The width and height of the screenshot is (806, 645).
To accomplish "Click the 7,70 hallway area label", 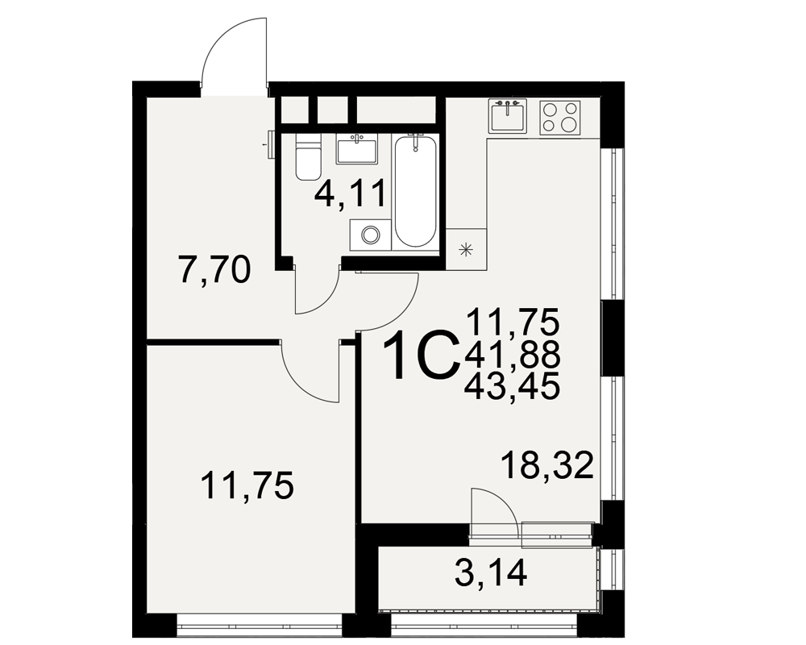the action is (214, 271).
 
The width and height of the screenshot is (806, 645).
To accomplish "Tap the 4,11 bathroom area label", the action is (351, 194).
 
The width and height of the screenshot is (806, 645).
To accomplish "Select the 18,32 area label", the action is (547, 464).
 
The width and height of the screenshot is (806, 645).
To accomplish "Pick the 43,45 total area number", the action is (512, 387).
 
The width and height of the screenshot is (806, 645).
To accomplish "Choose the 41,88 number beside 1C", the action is (512, 355).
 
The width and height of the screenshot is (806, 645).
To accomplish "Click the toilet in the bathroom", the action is (308, 156).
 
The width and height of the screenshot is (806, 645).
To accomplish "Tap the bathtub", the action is (416, 191).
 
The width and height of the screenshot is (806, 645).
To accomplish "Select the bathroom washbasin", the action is (357, 148).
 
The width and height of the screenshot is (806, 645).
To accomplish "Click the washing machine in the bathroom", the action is (370, 235).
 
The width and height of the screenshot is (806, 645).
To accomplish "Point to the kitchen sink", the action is (507, 116).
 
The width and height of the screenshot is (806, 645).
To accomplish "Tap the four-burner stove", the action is (560, 117).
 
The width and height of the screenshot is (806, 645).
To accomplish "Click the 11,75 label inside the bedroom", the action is (247, 486).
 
